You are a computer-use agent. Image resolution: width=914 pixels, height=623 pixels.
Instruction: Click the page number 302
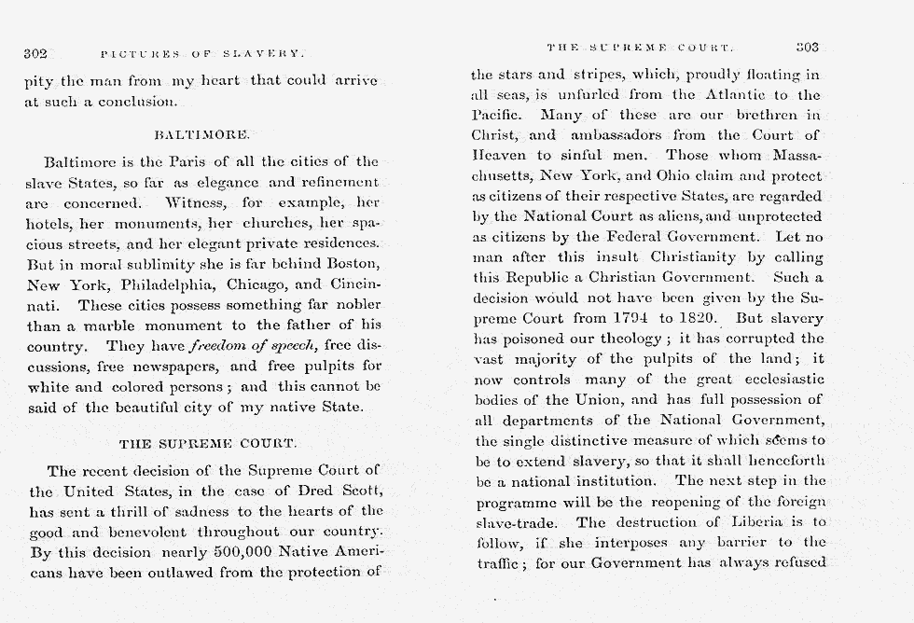36,54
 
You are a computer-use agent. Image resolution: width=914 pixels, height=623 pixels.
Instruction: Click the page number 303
808,46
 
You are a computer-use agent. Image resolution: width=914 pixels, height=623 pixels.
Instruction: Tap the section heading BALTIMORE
201,135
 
